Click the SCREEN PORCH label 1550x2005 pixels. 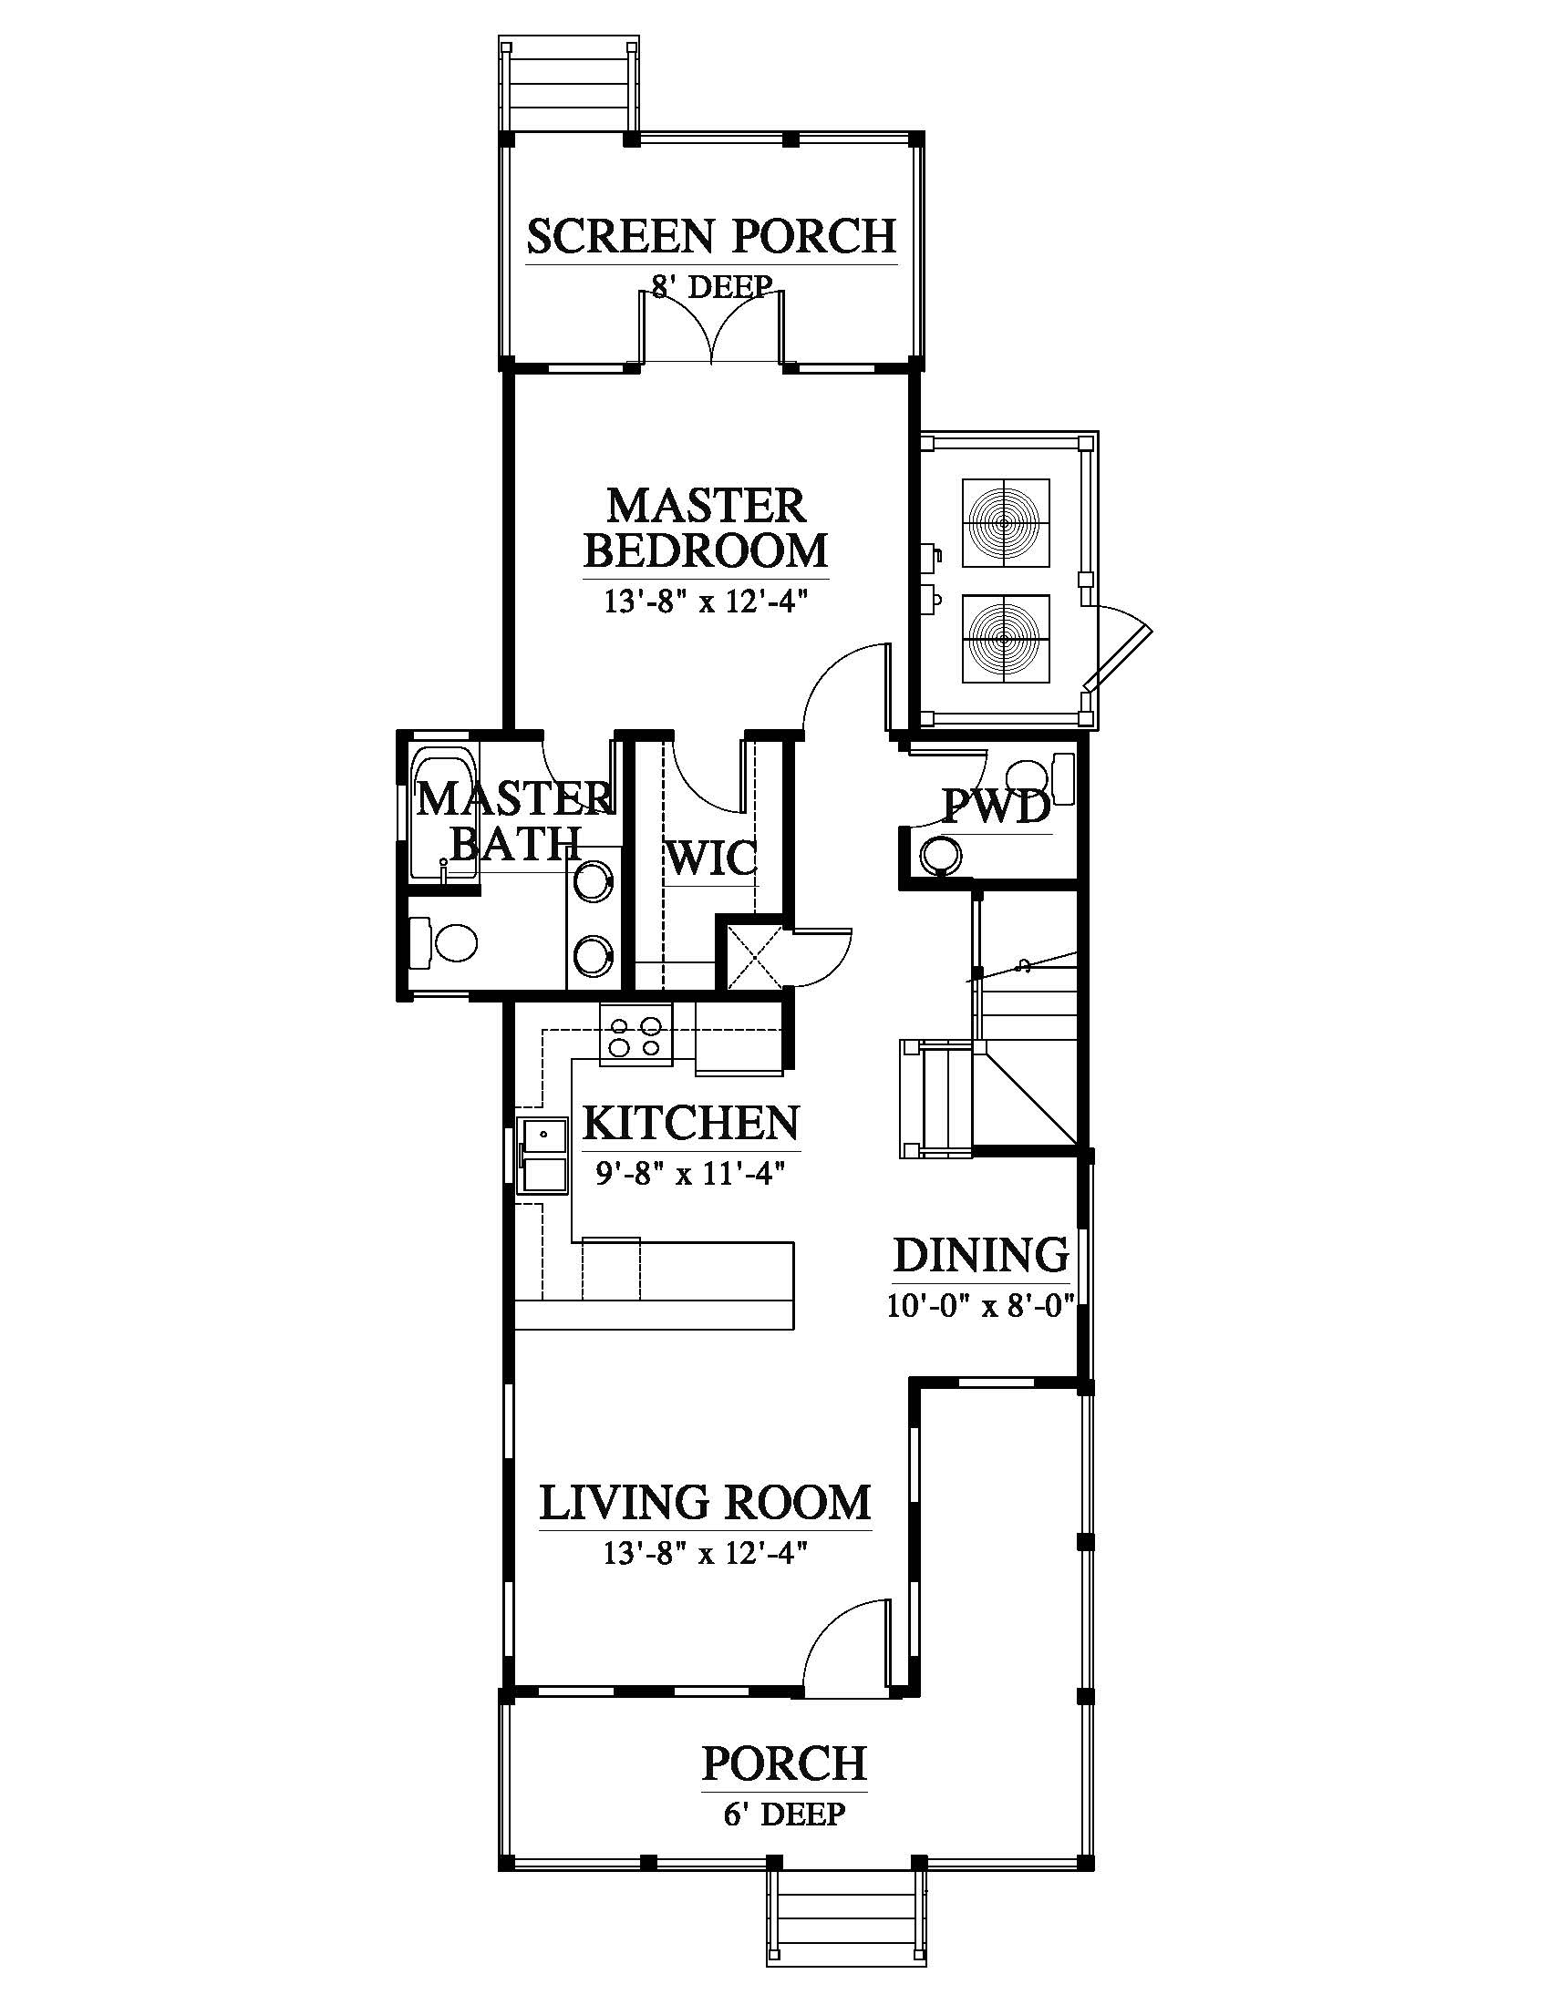click(x=711, y=236)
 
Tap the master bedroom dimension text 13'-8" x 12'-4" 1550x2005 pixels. click(x=705, y=601)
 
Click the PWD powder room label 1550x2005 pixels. click(x=997, y=807)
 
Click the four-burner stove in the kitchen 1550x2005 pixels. click(x=636, y=1034)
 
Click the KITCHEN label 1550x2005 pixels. click(x=691, y=1123)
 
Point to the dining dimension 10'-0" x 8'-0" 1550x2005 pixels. click(x=981, y=1304)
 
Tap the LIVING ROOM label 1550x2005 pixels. click(x=705, y=1503)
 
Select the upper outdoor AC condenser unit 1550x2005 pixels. click(x=1006, y=523)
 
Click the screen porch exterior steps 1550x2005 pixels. click(x=568, y=87)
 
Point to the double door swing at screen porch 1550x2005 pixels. click(x=713, y=327)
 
